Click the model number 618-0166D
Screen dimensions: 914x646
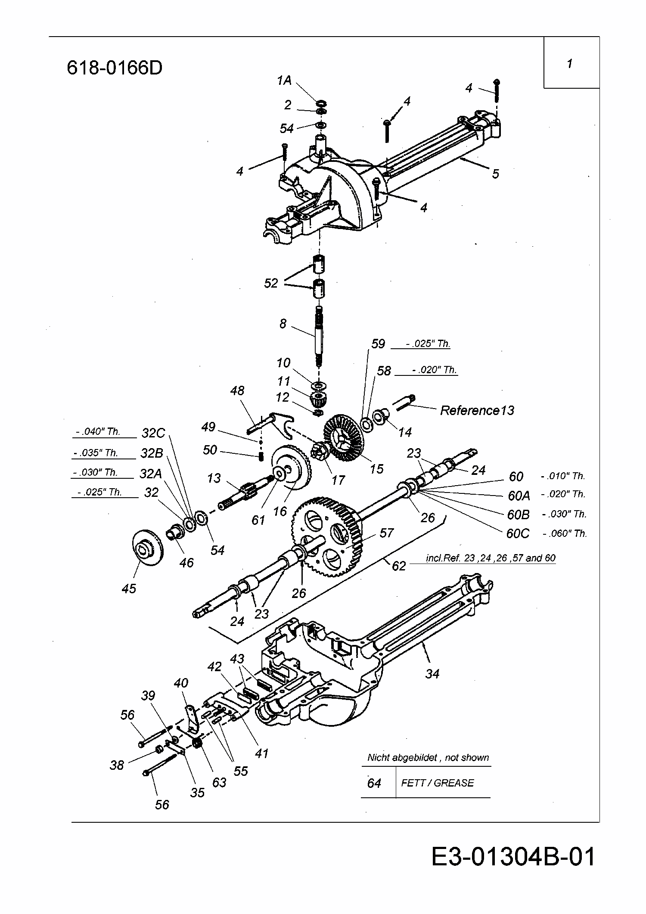pyautogui.click(x=115, y=68)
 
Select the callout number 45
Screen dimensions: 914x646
pyautogui.click(x=129, y=588)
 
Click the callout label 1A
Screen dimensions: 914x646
pyautogui.click(x=284, y=80)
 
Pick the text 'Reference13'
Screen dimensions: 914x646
pyautogui.click(x=477, y=410)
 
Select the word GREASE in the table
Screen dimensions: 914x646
pyautogui.click(x=454, y=783)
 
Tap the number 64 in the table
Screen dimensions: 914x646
pyautogui.click(x=374, y=783)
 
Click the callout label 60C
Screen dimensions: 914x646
pyautogui.click(x=518, y=533)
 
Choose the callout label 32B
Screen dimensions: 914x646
pyautogui.click(x=152, y=453)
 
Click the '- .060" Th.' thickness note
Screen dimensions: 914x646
pyautogui.click(x=565, y=533)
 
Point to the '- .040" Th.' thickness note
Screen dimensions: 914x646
pyautogui.click(x=98, y=431)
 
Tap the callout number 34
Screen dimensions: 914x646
pyautogui.click(x=432, y=673)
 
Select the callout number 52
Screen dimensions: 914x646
pyautogui.click(x=271, y=283)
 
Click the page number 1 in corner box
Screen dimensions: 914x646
pyautogui.click(x=570, y=64)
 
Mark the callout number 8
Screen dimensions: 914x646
pyautogui.click(x=283, y=324)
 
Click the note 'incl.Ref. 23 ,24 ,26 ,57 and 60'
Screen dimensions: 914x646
pyautogui.click(x=491, y=558)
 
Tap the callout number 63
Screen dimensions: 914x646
pyautogui.click(x=219, y=782)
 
